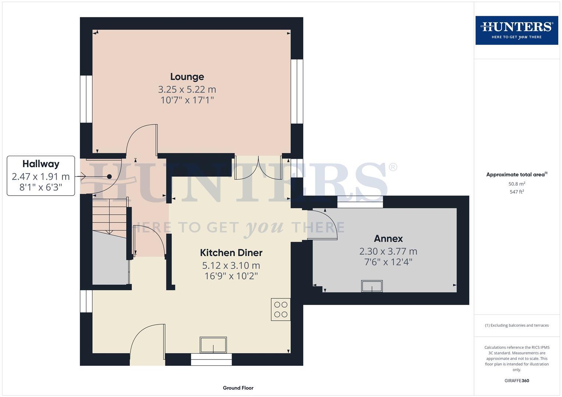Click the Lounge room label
[x=187, y=77]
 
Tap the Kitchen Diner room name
[x=231, y=253]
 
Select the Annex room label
[x=388, y=239]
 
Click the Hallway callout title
[x=41, y=164]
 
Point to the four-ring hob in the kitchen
[x=281, y=310]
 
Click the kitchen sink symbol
[x=213, y=345]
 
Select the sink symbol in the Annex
[x=372, y=286]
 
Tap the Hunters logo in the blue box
[x=516, y=30]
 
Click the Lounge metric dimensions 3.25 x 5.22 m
[x=187, y=89]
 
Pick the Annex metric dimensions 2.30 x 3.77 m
[x=388, y=251]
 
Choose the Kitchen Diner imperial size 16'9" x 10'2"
[x=231, y=276]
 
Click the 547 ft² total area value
[x=516, y=192]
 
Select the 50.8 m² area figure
[x=516, y=184]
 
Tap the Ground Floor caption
[x=238, y=388]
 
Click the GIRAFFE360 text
[x=516, y=381]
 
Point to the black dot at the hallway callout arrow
[x=109, y=177]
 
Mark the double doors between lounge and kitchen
[x=258, y=167]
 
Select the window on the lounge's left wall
[x=86, y=99]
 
